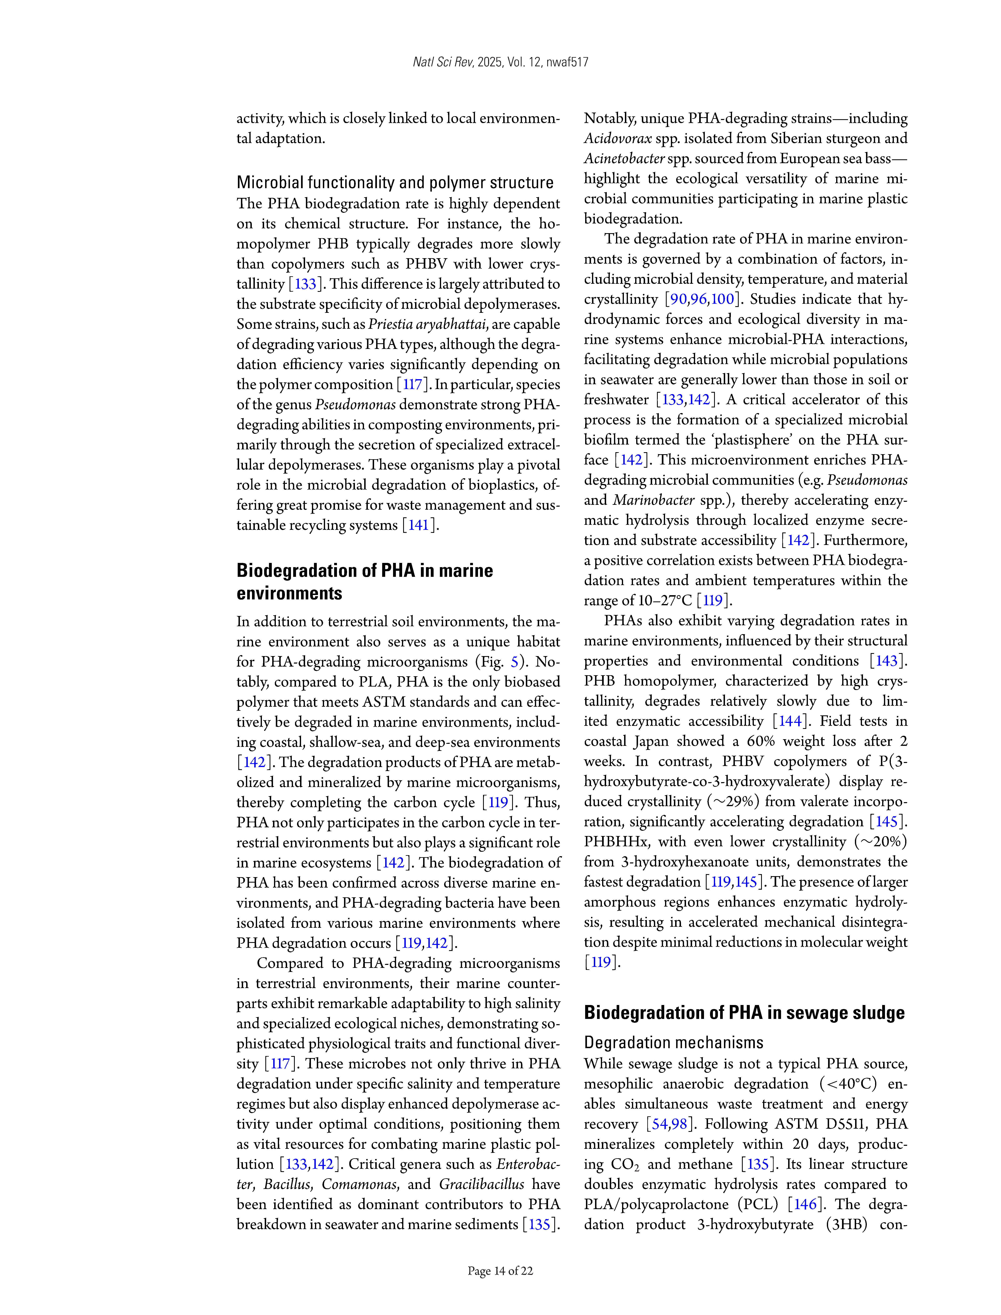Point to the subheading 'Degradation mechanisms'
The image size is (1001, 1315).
point(673,1043)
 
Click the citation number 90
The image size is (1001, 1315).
point(678,299)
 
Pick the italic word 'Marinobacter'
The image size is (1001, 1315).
point(654,500)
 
